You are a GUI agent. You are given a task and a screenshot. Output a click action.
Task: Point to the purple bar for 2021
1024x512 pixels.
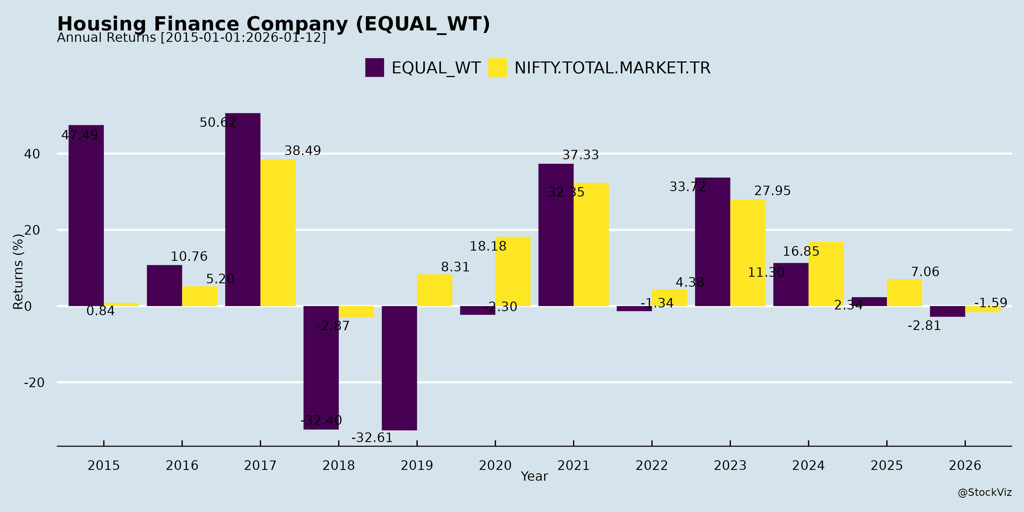coord(556,235)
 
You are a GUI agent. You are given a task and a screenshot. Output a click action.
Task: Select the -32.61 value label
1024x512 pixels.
coord(372,438)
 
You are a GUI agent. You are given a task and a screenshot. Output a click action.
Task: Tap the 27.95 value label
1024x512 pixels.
coord(772,191)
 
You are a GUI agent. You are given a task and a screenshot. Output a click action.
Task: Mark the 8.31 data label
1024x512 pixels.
coord(455,267)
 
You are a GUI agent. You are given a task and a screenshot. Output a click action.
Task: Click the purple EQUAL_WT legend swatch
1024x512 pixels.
coord(374,68)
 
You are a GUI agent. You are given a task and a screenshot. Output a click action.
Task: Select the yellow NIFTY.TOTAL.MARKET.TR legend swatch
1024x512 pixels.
coord(497,68)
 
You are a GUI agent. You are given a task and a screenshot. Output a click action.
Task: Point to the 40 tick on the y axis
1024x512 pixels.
coord(32,154)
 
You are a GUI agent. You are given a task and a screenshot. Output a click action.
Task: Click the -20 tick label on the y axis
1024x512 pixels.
coord(34,383)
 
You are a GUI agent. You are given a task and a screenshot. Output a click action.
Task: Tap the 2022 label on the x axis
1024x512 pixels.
coord(652,465)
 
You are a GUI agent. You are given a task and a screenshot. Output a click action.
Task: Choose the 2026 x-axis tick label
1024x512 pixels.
coord(965,465)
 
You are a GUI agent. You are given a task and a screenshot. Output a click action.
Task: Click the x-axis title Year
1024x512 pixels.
coord(534,476)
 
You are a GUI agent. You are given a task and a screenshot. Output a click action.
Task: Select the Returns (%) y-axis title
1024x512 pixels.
coord(18,272)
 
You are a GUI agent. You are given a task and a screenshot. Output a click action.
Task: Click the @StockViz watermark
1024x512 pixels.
coord(984,493)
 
